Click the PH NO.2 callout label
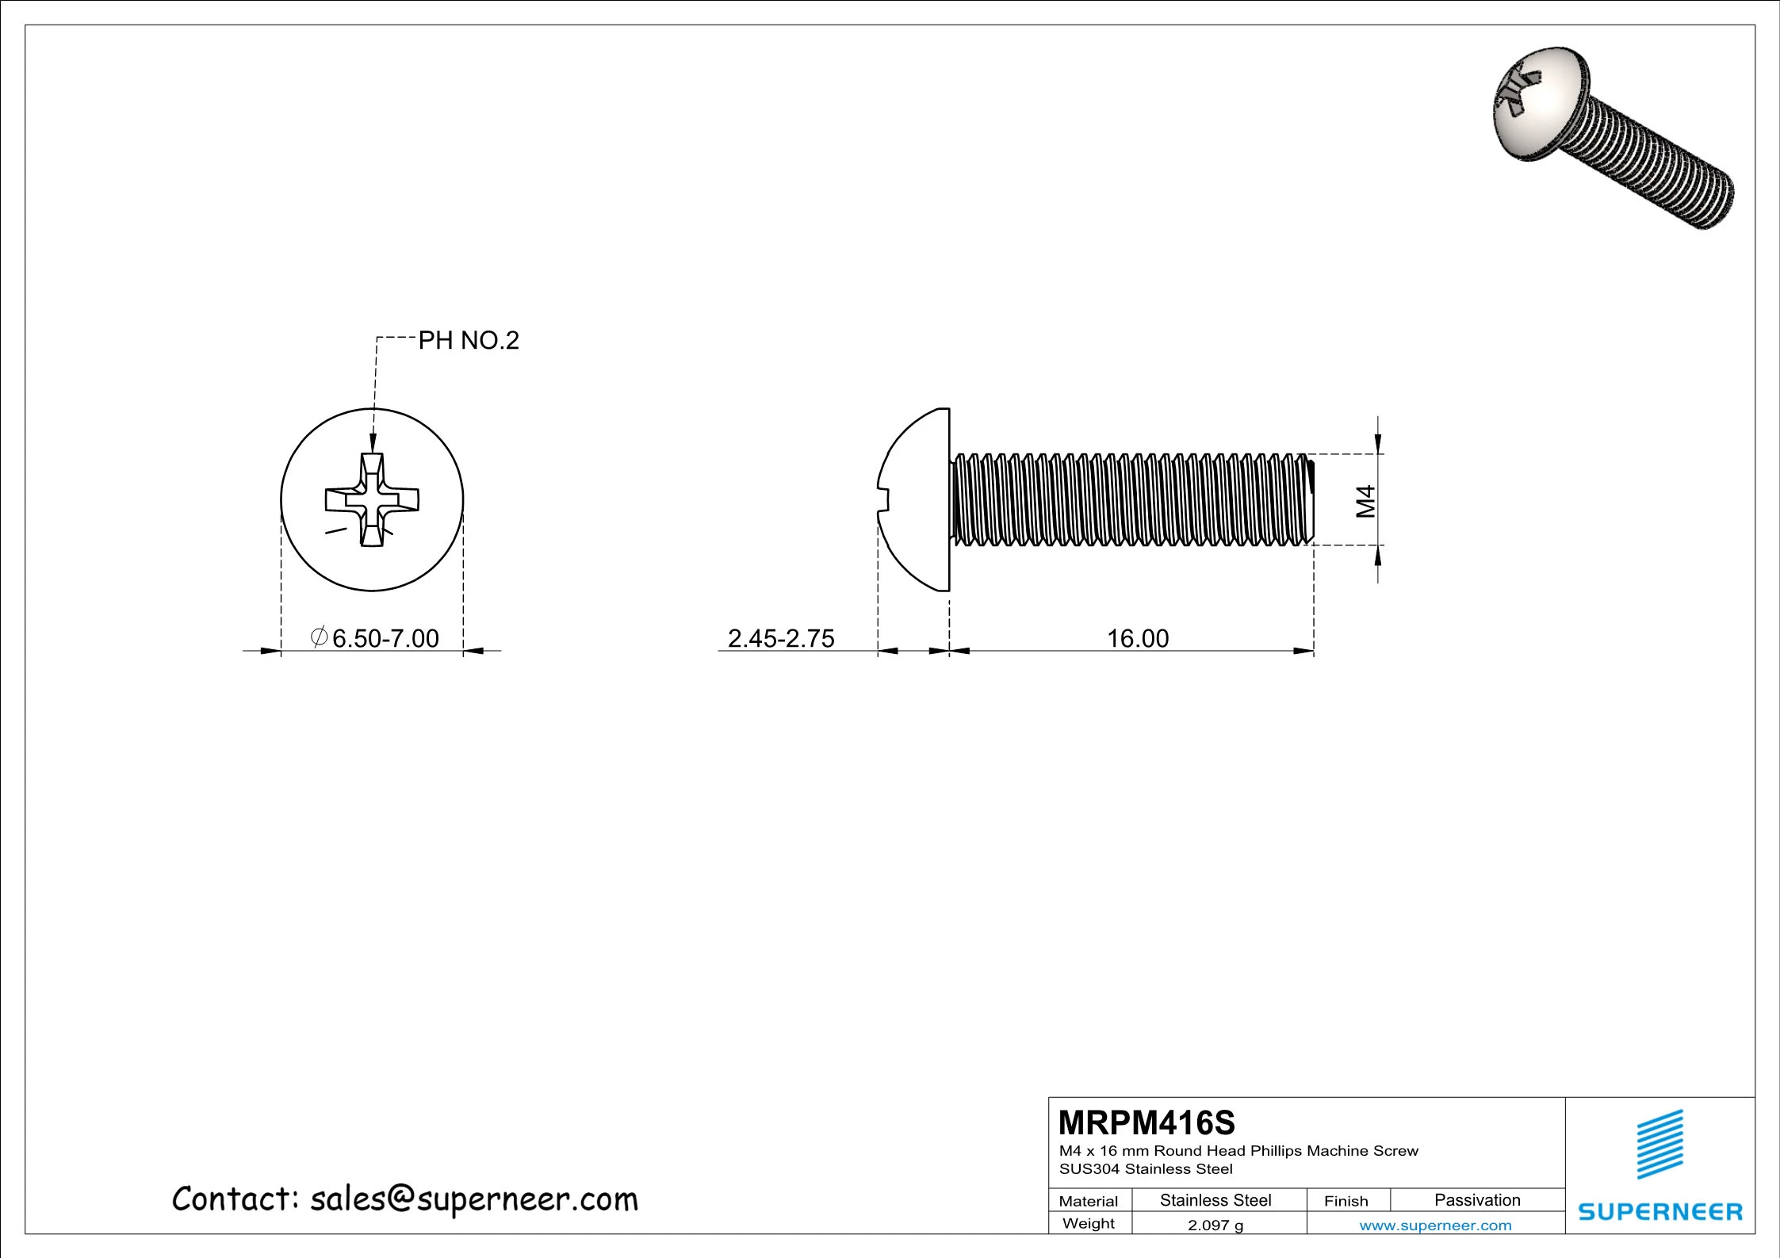coord(468,341)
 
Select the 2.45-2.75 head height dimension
coord(781,638)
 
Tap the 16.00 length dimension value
coord(1138,638)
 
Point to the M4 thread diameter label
coord(1365,501)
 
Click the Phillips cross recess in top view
coord(372,499)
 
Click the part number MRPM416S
coord(1146,1123)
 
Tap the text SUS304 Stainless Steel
coord(1146,1169)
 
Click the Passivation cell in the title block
coord(1477,1200)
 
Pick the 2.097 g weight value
coord(1215,1225)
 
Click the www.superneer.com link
coord(1435,1225)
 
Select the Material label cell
coord(1089,1201)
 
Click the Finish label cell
coord(1346,1201)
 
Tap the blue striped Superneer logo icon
coord(1660,1145)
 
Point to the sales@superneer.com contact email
coord(473,1199)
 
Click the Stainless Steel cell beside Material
coord(1215,1200)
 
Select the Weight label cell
coord(1089,1224)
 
